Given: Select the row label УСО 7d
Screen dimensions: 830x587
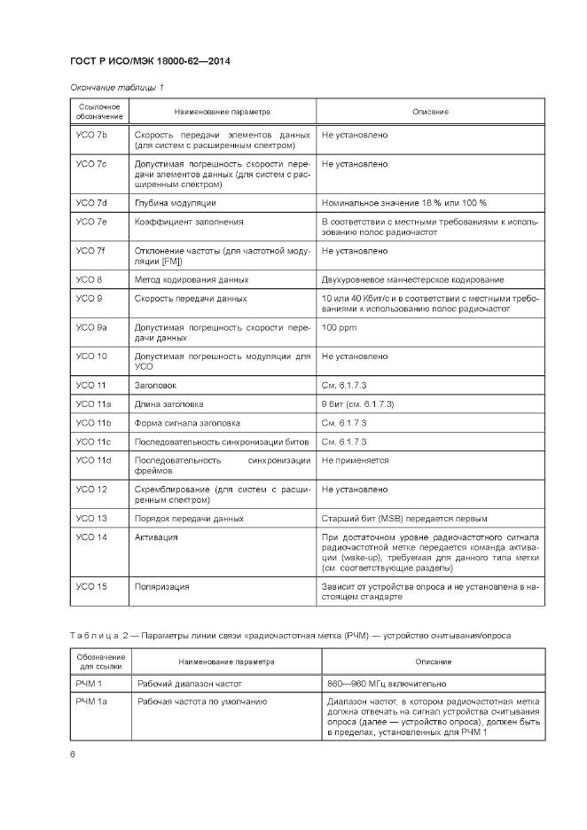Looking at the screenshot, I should click(x=91, y=203).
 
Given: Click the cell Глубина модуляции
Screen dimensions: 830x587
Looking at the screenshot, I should click(x=175, y=203).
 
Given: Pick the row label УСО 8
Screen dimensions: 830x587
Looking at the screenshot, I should click(x=89, y=279).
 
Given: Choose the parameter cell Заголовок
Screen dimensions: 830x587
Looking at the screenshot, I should click(x=156, y=386).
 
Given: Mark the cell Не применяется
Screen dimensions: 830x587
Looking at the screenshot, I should click(x=355, y=460).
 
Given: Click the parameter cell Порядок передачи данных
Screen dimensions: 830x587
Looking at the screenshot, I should click(x=189, y=518).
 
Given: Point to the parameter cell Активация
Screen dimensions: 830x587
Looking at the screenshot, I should click(x=156, y=536).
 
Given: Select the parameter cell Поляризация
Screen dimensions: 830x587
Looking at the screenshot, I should click(x=161, y=586).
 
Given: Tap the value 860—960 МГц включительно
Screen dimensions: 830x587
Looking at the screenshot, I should click(x=380, y=684).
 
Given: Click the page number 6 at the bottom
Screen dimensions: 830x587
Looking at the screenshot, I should click(x=73, y=755).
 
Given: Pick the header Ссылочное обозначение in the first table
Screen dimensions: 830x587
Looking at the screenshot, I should click(x=98, y=112).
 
